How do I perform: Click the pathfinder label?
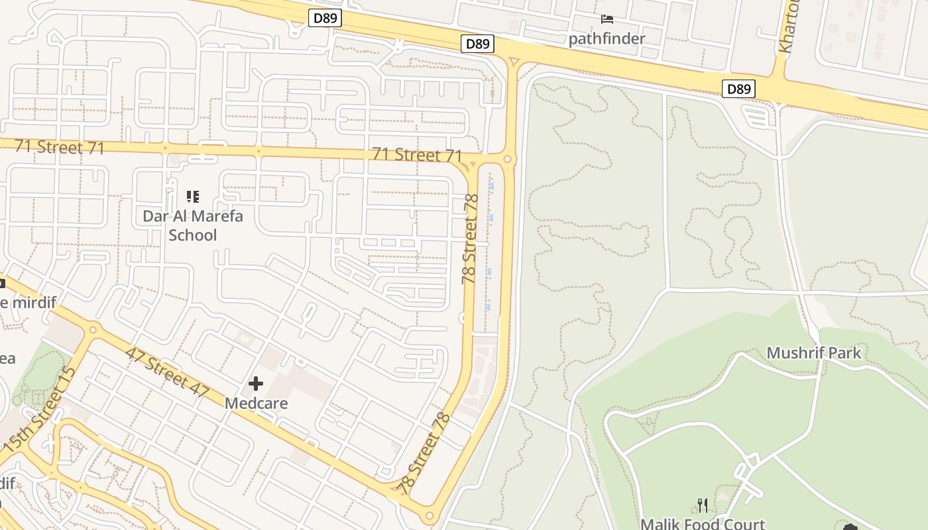pos(607,38)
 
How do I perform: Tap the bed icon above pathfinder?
pos(607,19)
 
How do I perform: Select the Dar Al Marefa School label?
pos(193,225)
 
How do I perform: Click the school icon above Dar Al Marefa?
pos(193,196)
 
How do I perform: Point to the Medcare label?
pos(256,403)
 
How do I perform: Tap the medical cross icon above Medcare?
pos(256,384)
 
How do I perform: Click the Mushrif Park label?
pos(813,352)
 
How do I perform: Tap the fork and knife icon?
pos(703,506)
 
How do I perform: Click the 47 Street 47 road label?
pos(166,372)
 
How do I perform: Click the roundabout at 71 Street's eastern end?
pos(508,159)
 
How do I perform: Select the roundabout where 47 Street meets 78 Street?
pos(430,515)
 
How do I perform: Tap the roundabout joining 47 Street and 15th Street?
pos(92,329)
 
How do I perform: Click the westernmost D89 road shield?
pos(325,18)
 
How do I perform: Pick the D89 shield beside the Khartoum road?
pos(738,89)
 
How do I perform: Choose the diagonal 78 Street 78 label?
pos(424,450)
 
